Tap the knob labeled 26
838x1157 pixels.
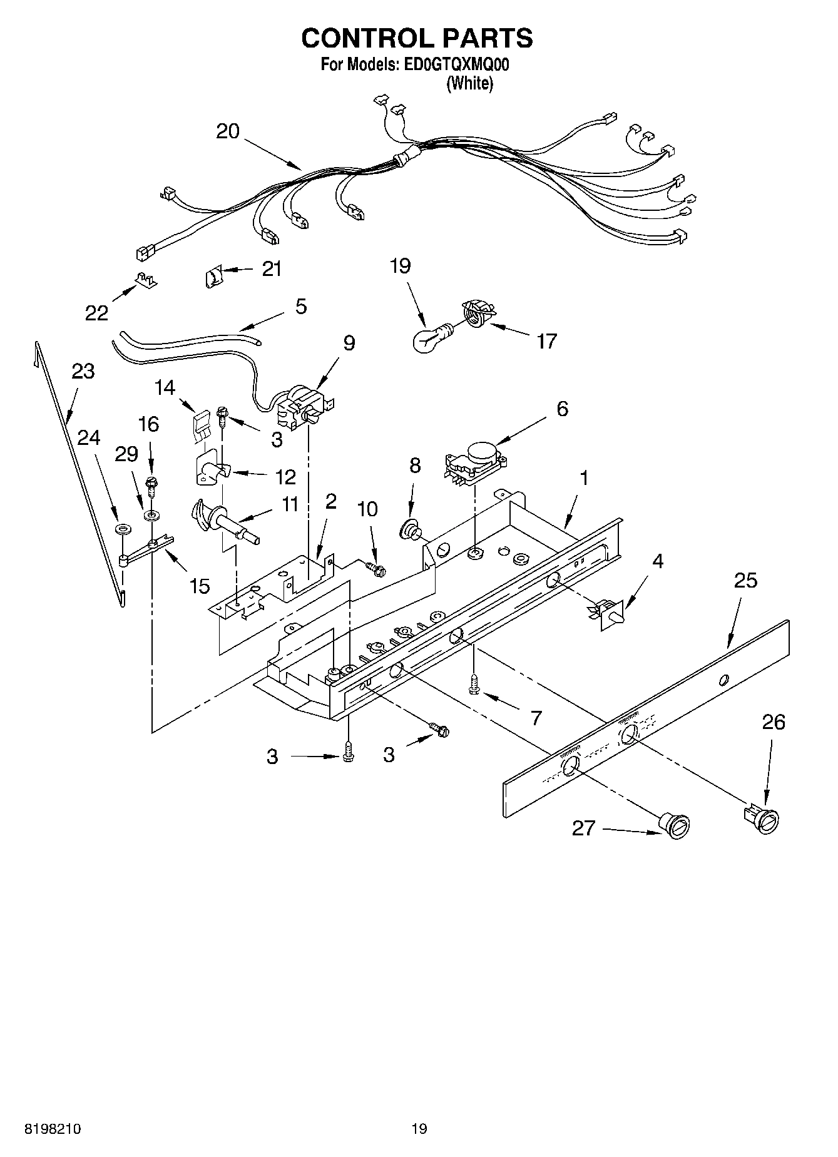[x=764, y=818]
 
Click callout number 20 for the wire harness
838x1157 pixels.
[x=228, y=131]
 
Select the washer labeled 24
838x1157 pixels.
[x=123, y=529]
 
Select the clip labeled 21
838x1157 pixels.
[x=214, y=275]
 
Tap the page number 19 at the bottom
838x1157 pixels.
[x=419, y=1129]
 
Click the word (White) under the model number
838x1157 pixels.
[x=469, y=83]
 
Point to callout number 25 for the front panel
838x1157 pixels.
[x=745, y=580]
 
